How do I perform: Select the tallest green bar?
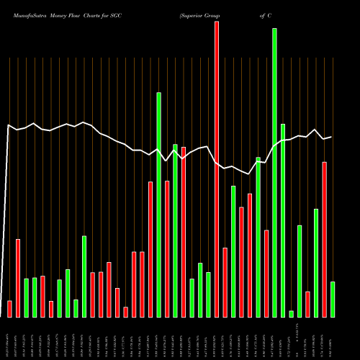point(274,173)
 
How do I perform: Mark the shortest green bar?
point(291,313)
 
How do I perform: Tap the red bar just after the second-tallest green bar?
point(167,248)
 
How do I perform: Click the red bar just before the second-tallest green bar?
point(150,249)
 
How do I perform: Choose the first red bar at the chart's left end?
point(9,308)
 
